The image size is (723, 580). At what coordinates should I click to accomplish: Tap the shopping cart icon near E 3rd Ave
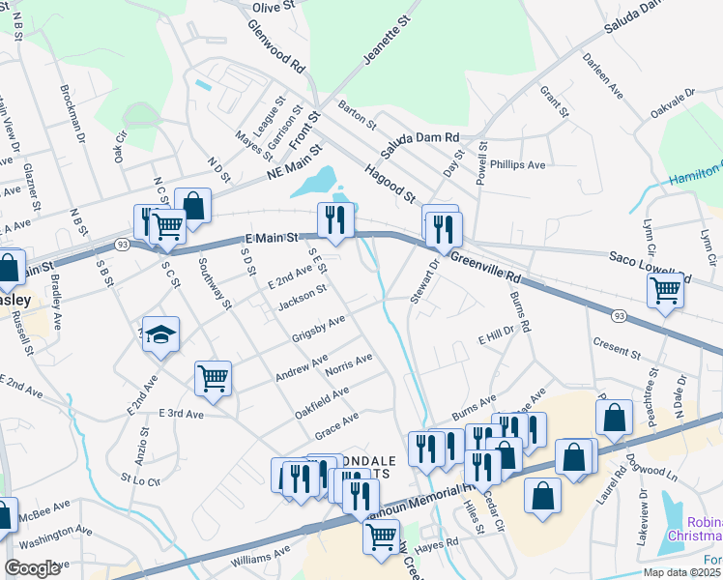tap(213, 379)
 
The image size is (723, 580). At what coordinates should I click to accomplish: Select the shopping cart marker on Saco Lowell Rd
tap(666, 290)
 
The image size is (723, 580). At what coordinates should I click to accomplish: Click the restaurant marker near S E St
tap(335, 220)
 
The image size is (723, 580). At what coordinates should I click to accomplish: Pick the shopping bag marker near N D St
tap(193, 207)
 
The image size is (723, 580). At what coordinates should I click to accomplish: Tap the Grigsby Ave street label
tap(318, 329)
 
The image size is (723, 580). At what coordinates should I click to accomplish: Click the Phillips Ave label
tap(517, 164)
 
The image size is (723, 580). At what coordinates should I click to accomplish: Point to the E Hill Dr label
tap(497, 337)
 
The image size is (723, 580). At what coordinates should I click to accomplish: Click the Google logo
tap(33, 568)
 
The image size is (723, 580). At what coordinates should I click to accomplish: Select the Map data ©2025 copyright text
tap(681, 572)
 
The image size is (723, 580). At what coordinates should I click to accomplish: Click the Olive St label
tap(273, 8)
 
